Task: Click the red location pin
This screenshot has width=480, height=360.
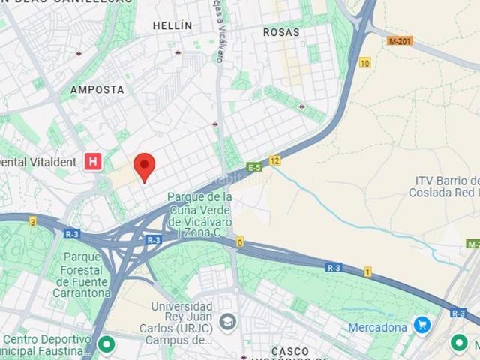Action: tap(144, 166)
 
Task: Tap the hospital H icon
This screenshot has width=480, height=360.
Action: tap(93, 162)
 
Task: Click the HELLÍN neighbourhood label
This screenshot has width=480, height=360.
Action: tap(172, 25)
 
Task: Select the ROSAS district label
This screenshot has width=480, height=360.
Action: tap(281, 33)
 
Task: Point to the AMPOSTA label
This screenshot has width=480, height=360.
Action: tap(97, 89)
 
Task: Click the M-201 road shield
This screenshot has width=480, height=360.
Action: tap(400, 41)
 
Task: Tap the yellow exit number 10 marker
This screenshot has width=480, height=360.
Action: tap(364, 62)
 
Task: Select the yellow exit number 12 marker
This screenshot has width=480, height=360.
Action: tap(275, 160)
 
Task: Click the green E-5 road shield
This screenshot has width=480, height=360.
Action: tap(254, 166)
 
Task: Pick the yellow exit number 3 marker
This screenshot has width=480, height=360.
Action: tap(32, 221)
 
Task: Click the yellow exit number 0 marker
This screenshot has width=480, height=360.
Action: tap(240, 241)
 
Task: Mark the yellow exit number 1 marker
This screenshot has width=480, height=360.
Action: tap(367, 271)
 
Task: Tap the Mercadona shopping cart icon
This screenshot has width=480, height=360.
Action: tap(421, 325)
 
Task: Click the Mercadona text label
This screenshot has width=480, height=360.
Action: tap(378, 327)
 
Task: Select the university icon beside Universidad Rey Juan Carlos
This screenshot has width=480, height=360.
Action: tap(228, 322)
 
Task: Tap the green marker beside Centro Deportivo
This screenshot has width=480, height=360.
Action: tap(106, 344)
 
